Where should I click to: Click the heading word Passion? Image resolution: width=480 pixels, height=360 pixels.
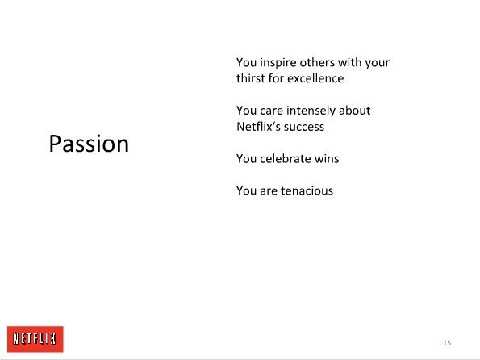pyautogui.click(x=89, y=144)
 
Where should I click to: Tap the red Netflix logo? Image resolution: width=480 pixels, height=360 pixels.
pyautogui.click(x=35, y=339)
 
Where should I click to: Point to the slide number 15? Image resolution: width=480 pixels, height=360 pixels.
pyautogui.click(x=447, y=343)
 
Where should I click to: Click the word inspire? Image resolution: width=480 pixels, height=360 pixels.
pyautogui.click(x=278, y=63)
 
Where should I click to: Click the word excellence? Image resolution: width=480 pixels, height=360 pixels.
pyautogui.click(x=315, y=78)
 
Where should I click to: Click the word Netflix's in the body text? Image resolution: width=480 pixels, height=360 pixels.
pyautogui.click(x=257, y=126)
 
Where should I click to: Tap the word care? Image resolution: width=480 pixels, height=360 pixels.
pyautogui.click(x=272, y=111)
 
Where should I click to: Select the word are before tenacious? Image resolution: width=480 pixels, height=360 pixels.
pyautogui.click(x=269, y=191)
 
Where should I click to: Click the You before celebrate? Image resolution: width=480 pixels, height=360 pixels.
pyautogui.click(x=247, y=159)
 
